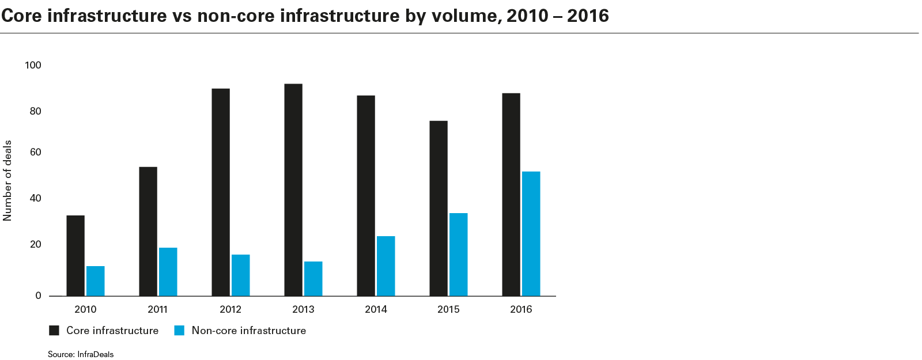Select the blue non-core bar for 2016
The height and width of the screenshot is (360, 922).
coord(531,233)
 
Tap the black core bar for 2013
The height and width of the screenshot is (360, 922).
coord(293,190)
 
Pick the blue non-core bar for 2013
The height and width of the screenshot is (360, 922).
coord(313,278)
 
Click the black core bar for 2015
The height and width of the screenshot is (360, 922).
coord(439,208)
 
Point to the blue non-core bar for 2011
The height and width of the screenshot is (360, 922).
coord(168,271)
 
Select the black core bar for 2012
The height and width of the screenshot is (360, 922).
coord(221,192)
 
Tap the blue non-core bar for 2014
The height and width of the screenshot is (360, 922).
coord(386,266)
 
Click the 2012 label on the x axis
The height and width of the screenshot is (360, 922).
coord(231,309)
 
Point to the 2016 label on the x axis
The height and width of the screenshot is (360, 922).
coord(521,309)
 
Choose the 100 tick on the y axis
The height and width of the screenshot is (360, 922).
coord(33,65)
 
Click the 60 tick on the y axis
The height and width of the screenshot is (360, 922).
coord(36,153)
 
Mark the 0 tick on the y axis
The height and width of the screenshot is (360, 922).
coord(39,295)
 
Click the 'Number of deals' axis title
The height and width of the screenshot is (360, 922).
coord(8,180)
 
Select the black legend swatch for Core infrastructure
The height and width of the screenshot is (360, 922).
coord(54,331)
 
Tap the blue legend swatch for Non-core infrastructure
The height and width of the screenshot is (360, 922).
coord(179,331)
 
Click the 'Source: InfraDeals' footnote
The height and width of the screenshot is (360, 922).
coord(81,354)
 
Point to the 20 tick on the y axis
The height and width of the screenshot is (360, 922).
coord(36,245)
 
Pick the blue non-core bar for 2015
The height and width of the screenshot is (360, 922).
coord(459,254)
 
